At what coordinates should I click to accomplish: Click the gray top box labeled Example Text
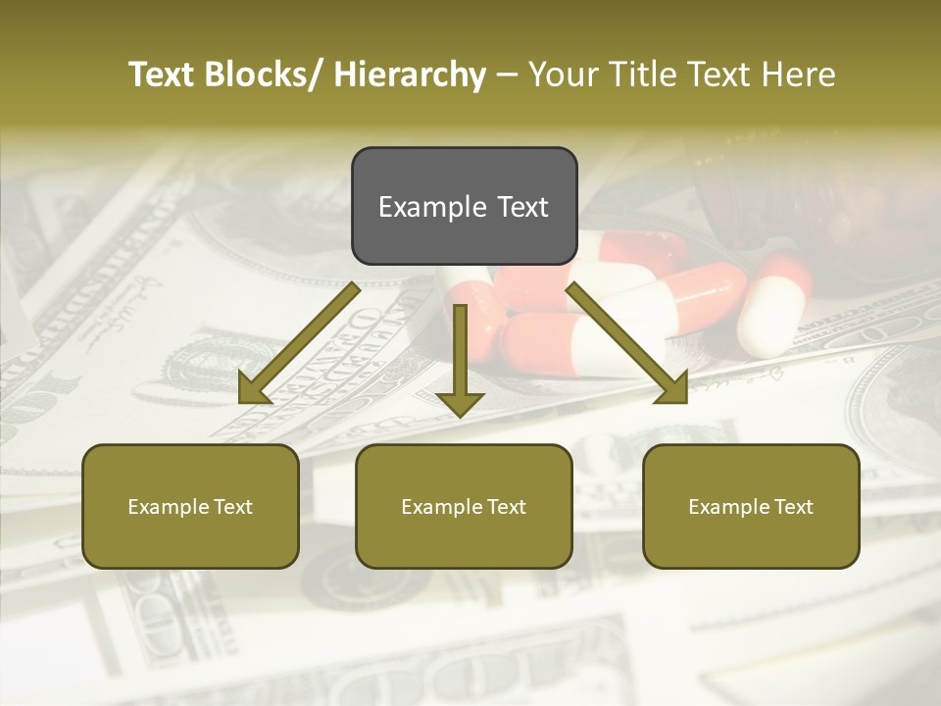(464, 206)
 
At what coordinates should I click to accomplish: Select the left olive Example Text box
(190, 506)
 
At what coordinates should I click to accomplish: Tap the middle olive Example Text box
(464, 506)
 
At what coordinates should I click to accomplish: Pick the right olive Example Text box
(751, 506)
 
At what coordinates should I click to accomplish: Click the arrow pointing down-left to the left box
(299, 344)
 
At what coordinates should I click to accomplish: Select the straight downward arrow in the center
(460, 358)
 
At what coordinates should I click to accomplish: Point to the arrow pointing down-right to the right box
(627, 343)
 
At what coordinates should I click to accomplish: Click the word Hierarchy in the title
(410, 75)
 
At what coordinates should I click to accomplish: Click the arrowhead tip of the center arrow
(460, 414)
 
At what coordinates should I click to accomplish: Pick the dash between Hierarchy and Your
(507, 75)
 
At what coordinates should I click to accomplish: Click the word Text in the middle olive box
(505, 506)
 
